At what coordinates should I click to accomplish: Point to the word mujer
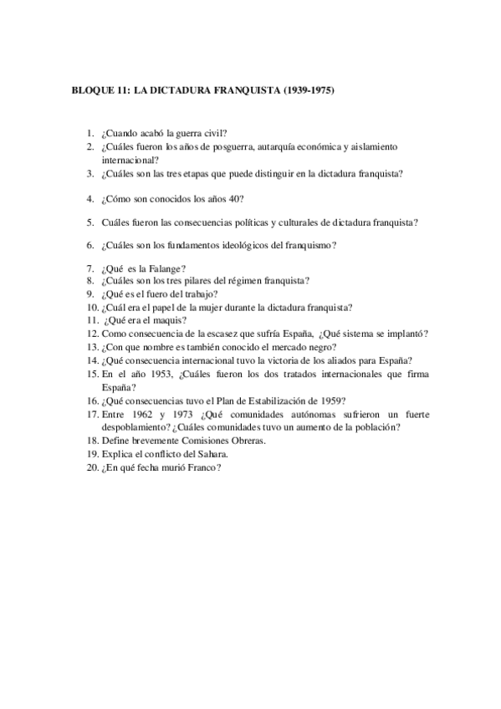[x=212, y=308]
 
